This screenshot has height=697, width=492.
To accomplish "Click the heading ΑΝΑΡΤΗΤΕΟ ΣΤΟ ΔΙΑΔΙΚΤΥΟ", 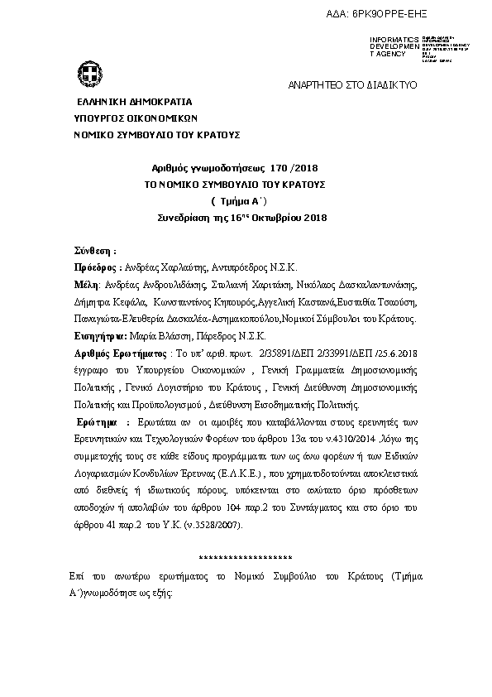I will [x=351, y=85].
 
